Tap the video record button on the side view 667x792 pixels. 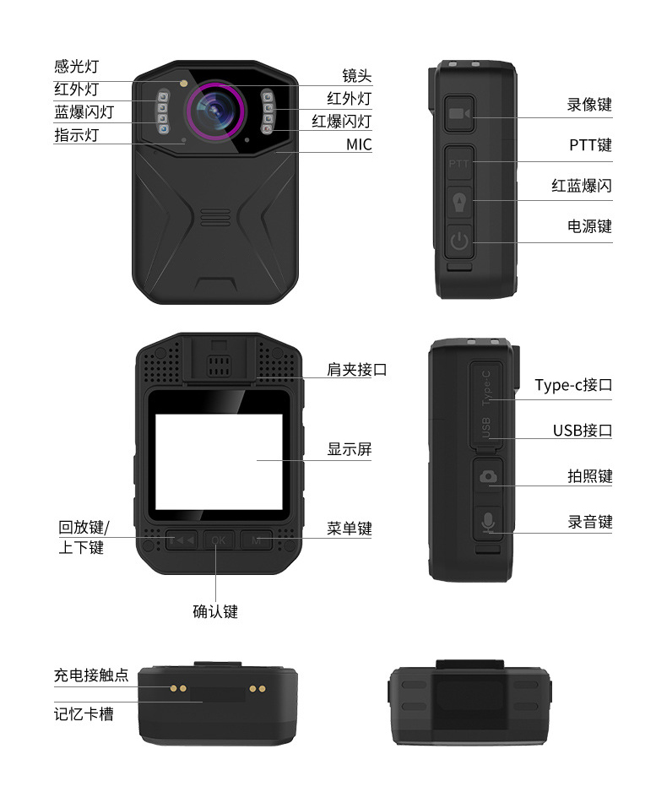pyautogui.click(x=459, y=114)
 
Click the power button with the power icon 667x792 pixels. pyautogui.click(x=459, y=241)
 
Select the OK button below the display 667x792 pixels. pyautogui.click(x=219, y=540)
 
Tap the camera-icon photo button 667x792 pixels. pyautogui.click(x=488, y=477)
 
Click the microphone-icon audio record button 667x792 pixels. pyautogui.click(x=488, y=523)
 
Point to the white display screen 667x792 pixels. pyautogui.click(x=219, y=462)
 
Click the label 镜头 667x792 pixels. pyautogui.click(x=356, y=76)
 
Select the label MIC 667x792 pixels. pyautogui.click(x=359, y=144)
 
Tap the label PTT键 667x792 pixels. pyautogui.click(x=590, y=145)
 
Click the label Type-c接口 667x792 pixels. pyautogui.click(x=573, y=385)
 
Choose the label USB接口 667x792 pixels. pyautogui.click(x=583, y=431)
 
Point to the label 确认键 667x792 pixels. pyautogui.click(x=215, y=611)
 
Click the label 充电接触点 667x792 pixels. pyautogui.click(x=91, y=675)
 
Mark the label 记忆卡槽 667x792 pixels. pyautogui.click(x=84, y=714)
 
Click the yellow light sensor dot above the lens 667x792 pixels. pyautogui.click(x=184, y=83)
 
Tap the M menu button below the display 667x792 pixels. pyautogui.click(x=257, y=540)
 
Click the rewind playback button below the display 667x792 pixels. pyautogui.click(x=182, y=540)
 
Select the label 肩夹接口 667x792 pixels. pyautogui.click(x=356, y=370)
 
